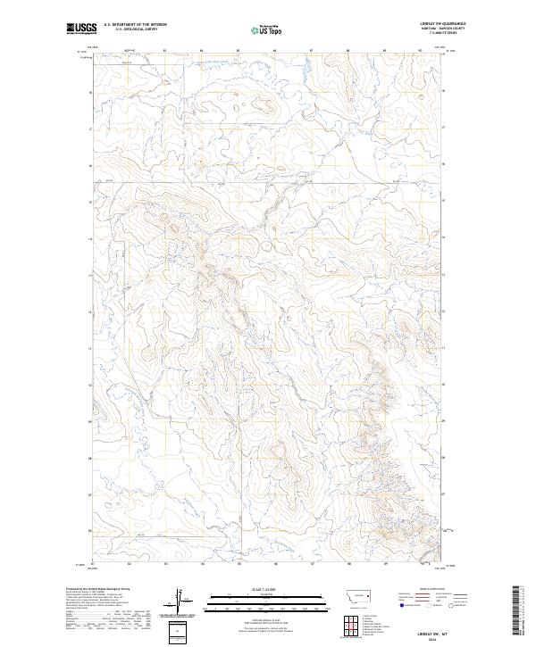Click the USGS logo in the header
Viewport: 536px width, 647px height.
[x=81, y=29]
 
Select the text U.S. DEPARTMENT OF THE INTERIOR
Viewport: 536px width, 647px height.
[x=135, y=25]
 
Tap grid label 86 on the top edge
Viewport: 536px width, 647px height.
[x=273, y=51]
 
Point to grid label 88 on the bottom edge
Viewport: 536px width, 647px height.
[x=347, y=565]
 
